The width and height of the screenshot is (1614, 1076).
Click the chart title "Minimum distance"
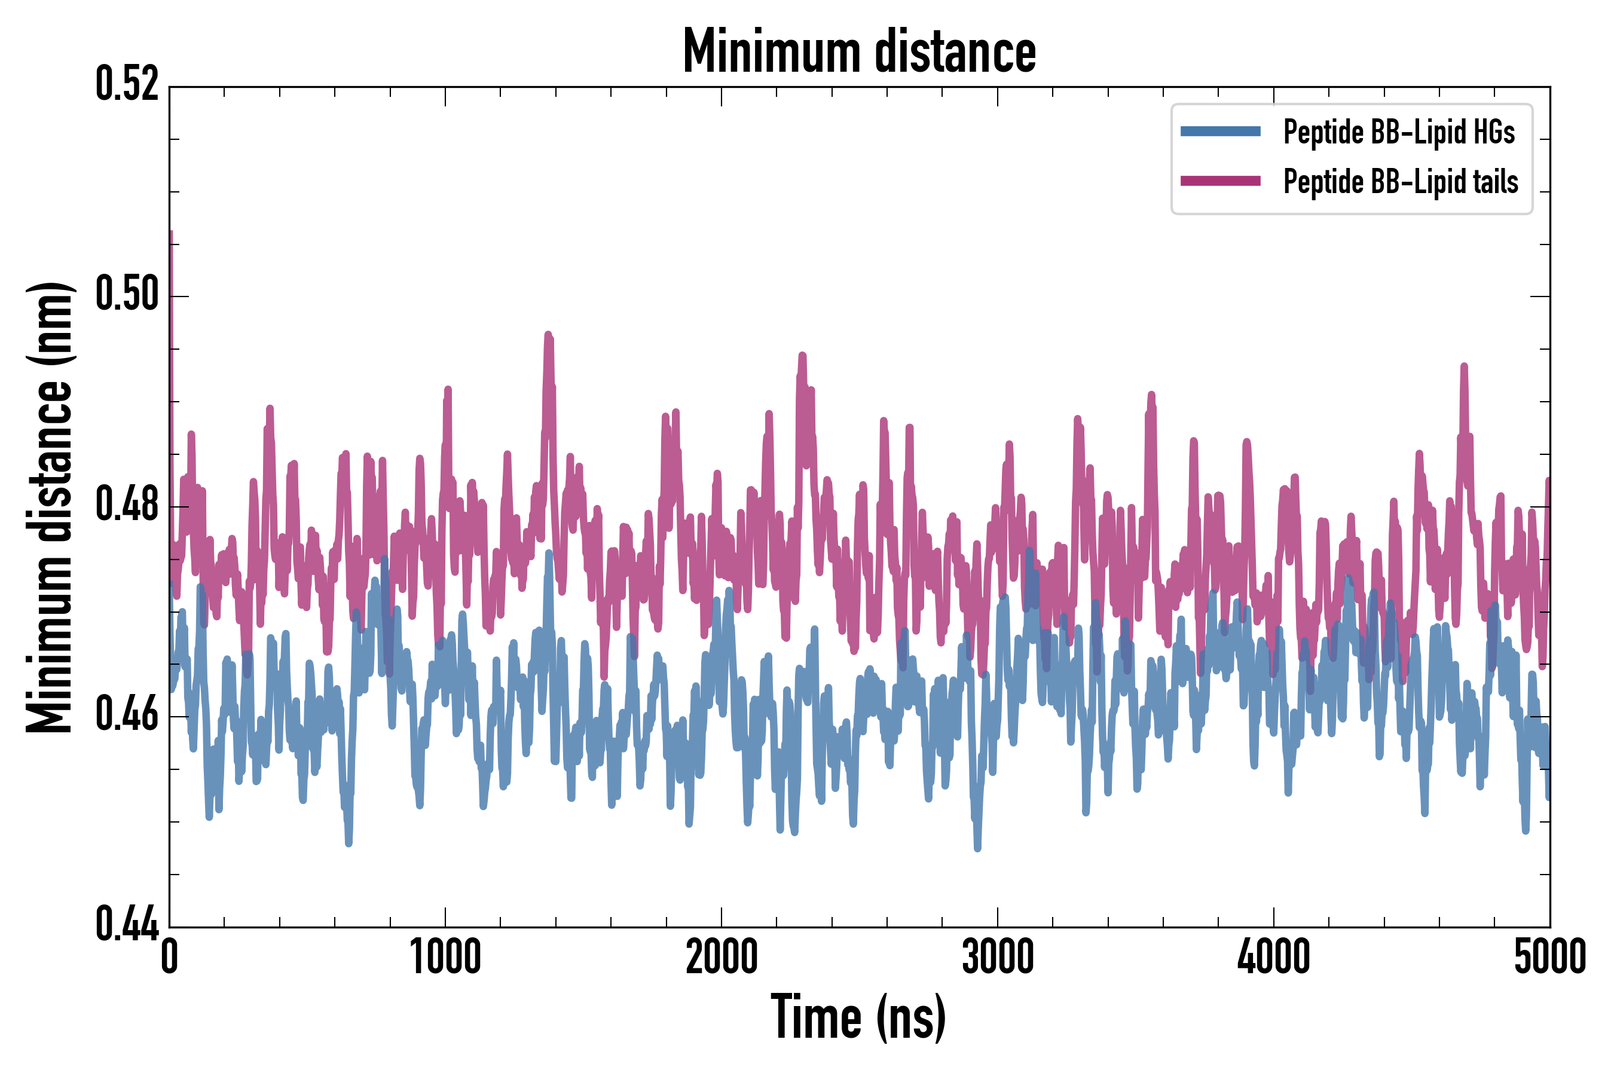pyautogui.click(x=858, y=51)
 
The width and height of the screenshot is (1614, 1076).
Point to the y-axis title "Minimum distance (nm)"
pyautogui.click(x=50, y=507)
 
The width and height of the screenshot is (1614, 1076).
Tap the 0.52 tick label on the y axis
pyautogui.click(x=127, y=84)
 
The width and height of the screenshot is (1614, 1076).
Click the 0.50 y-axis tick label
pyautogui.click(x=127, y=295)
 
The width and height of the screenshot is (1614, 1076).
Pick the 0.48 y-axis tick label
pyautogui.click(x=127, y=506)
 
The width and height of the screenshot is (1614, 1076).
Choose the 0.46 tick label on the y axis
pyautogui.click(x=127, y=716)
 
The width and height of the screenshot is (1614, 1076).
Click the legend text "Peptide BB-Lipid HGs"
pyautogui.click(x=1399, y=132)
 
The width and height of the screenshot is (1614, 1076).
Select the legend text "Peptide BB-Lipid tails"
pyautogui.click(x=1401, y=182)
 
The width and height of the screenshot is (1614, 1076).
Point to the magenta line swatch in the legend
pyautogui.click(x=1220, y=181)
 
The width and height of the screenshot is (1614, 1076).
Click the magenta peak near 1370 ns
pyautogui.click(x=548, y=336)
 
